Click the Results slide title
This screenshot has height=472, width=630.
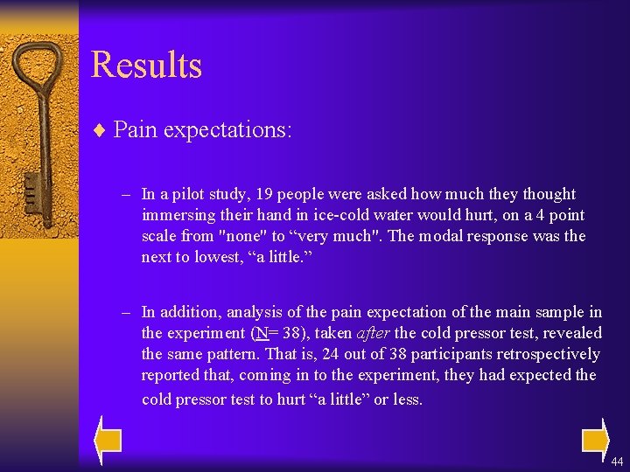(146, 66)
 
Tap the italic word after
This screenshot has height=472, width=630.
(374, 333)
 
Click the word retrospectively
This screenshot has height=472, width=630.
(544, 354)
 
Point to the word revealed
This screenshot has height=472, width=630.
(572, 333)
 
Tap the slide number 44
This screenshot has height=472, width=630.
(617, 461)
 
